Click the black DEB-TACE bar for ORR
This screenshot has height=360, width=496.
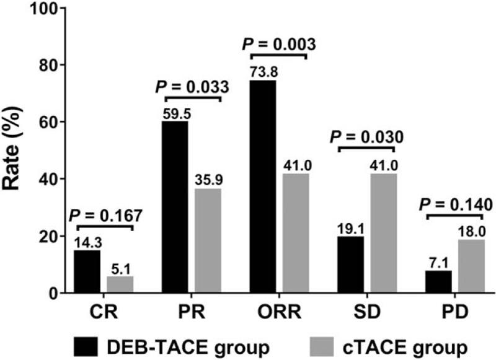pos(263,187)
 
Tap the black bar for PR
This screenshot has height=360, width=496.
pos(175,207)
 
